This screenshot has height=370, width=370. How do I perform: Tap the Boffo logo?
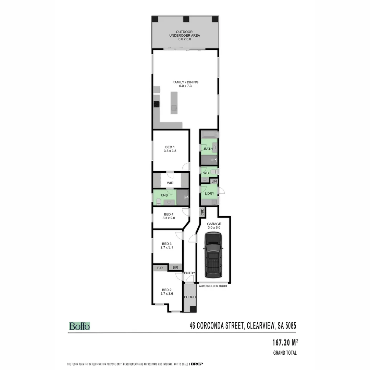[79, 326]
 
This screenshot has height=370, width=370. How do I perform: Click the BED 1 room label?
[170, 147]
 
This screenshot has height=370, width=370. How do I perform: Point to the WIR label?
[170, 183]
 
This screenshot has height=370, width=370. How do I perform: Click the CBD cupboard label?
[202, 212]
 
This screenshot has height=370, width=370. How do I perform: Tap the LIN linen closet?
[214, 181]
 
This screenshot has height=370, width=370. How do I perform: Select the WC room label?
[206, 173]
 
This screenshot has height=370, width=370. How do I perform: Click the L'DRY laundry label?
[209, 194]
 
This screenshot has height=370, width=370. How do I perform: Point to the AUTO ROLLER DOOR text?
[213, 286]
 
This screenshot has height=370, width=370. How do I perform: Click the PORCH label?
[190, 297]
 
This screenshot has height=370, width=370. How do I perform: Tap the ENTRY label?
[189, 273]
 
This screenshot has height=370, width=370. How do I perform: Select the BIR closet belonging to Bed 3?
[175, 268]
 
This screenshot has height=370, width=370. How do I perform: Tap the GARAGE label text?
[214, 224]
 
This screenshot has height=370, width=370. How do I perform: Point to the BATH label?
[208, 149]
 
